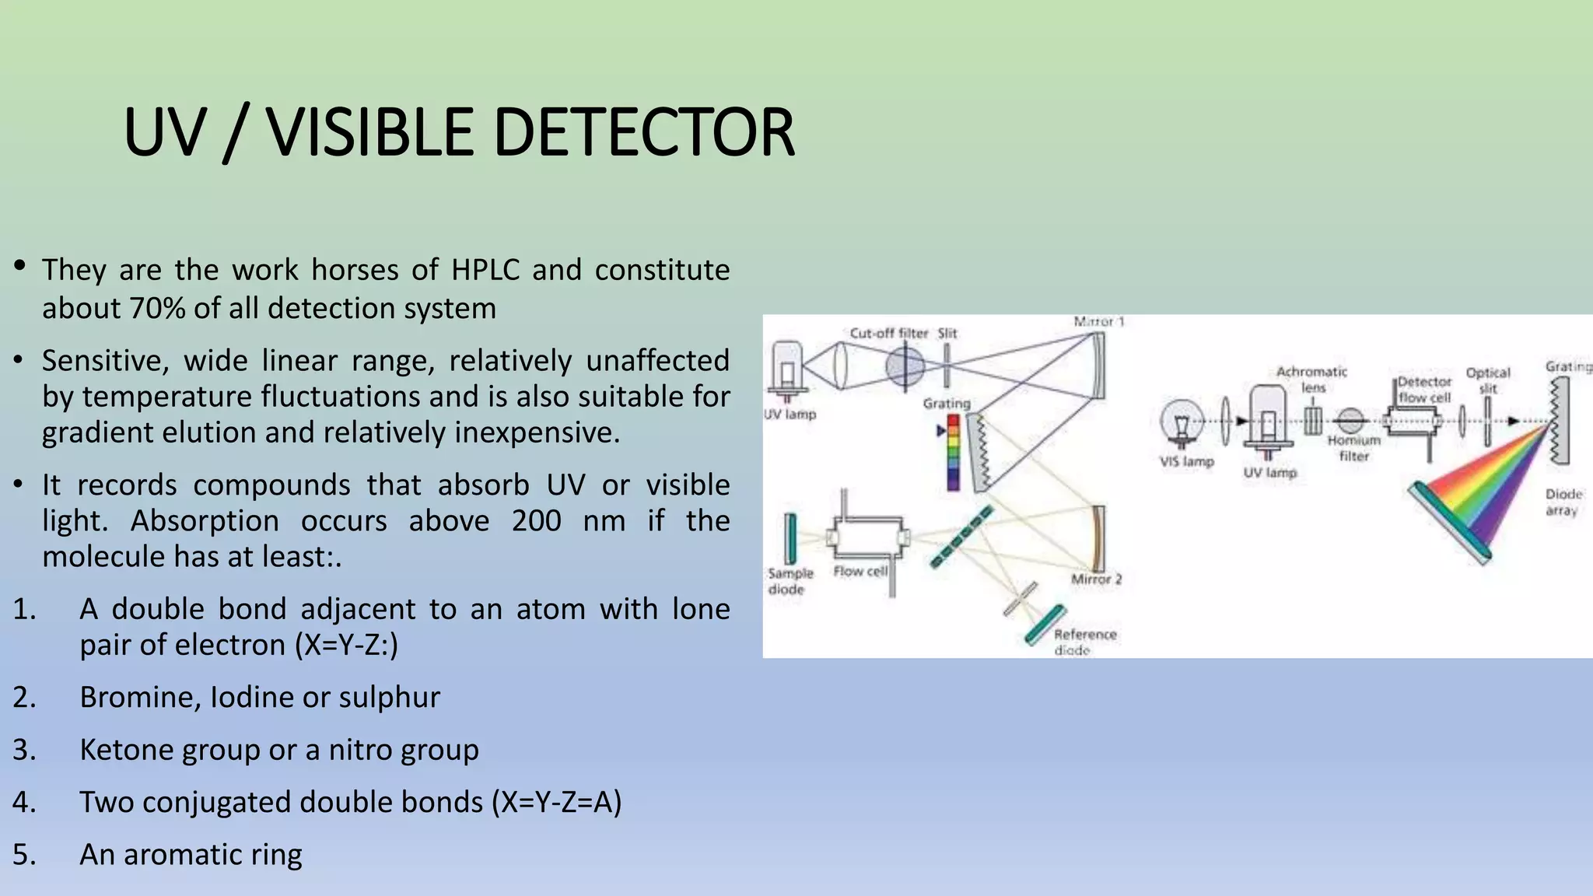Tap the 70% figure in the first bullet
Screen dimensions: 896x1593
tap(157, 309)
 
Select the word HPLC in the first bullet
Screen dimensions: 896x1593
tap(485, 270)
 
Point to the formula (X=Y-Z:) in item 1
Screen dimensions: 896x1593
tap(347, 645)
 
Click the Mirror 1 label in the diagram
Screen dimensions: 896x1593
tap(1098, 322)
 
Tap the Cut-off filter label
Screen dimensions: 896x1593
tap(888, 334)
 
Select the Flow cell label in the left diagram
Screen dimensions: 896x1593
tap(860, 572)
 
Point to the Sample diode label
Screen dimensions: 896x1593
tap(789, 581)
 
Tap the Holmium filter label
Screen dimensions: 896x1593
tap(1353, 448)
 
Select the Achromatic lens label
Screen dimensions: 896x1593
tap(1311, 379)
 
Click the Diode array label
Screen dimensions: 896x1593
tap(1563, 502)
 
